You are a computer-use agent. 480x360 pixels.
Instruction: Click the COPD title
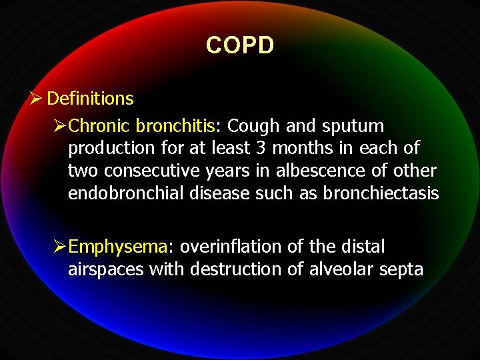tap(240, 45)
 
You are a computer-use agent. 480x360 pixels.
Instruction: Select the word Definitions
tap(91, 99)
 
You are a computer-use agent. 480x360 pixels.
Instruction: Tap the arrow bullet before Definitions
tap(37, 99)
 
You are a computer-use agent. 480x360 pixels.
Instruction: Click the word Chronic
tap(99, 126)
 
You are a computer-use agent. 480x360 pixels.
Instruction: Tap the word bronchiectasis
tap(381, 194)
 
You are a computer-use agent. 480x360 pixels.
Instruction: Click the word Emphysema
tap(117, 247)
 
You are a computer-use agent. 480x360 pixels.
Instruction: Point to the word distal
tap(363, 247)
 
